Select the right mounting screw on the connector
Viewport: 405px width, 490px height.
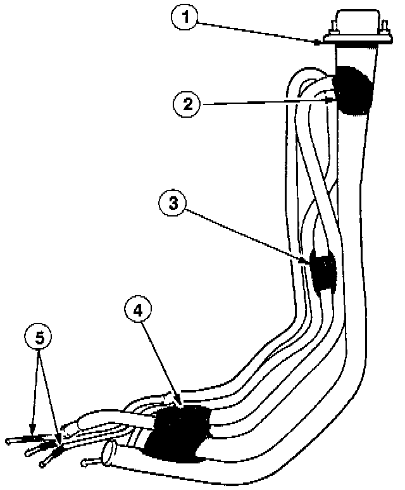coord(383,28)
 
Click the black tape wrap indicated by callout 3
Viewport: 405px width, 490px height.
coord(323,272)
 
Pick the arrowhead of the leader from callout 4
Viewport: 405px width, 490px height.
coord(180,405)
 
